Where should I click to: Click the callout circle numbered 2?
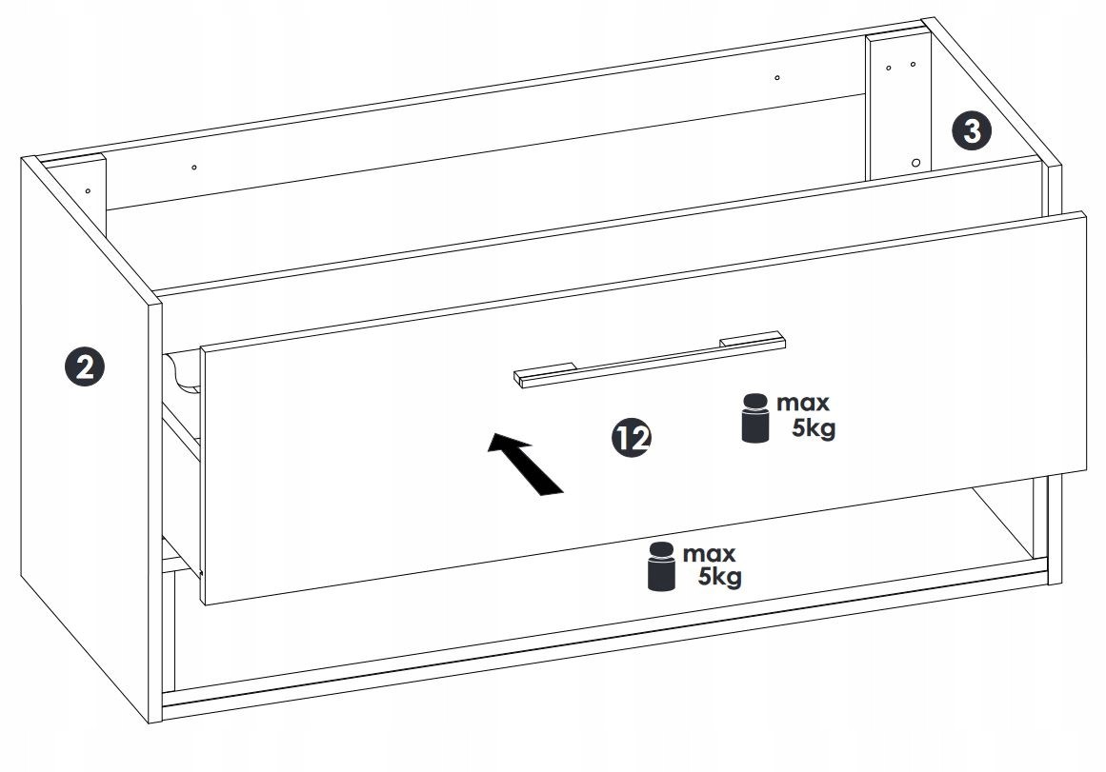tap(85, 366)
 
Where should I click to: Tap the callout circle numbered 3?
tap(972, 131)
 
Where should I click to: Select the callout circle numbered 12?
tap(632, 438)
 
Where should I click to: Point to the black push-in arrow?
tap(525, 464)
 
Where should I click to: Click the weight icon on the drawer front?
tap(754, 418)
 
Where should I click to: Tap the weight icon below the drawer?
tap(661, 566)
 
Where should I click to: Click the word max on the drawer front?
tap(803, 403)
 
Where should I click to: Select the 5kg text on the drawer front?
tap(814, 427)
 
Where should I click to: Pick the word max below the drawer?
tap(709, 553)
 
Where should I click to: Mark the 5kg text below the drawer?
tap(720, 576)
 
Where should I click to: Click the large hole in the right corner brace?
tap(915, 163)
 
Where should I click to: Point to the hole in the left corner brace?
tap(89, 190)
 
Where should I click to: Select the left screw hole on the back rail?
tap(194, 168)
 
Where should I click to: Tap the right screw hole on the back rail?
tap(776, 77)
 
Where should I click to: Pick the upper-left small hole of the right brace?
tap(888, 68)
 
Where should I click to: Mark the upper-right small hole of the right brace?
tap(913, 64)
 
